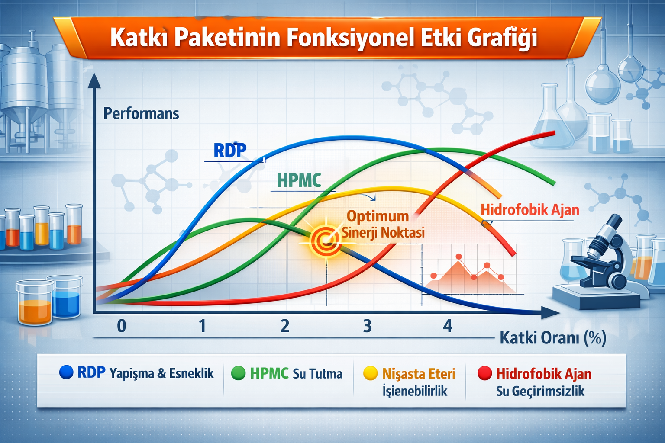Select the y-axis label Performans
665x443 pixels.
[x=141, y=114]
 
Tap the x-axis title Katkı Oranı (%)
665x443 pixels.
[x=553, y=338]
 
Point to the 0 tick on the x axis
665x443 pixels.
[x=121, y=326]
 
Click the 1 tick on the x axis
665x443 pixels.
[x=203, y=326]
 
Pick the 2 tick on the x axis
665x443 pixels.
[x=285, y=326]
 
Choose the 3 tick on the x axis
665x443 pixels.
[x=367, y=326]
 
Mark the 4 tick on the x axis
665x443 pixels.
[x=448, y=326]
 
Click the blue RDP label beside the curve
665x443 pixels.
[x=230, y=151]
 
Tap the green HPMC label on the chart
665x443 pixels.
[x=299, y=180]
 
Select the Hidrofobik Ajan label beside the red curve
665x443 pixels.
[x=530, y=210]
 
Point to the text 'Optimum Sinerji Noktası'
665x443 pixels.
[x=383, y=225]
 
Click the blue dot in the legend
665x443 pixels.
[x=66, y=372]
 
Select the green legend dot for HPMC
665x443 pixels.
[x=238, y=373]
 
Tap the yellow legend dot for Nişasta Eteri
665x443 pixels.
[x=371, y=373]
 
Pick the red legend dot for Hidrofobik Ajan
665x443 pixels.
[x=485, y=373]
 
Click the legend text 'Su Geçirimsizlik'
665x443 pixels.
[x=540, y=392]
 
